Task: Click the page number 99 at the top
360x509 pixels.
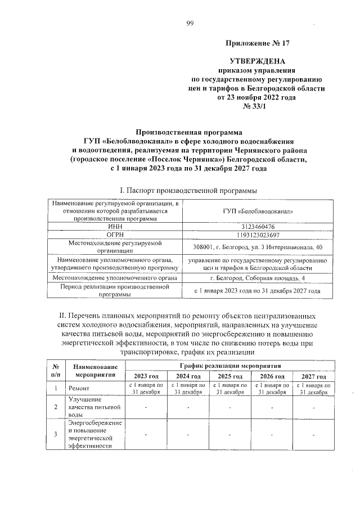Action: click(x=190, y=23)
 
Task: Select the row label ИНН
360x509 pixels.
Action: click(x=115, y=226)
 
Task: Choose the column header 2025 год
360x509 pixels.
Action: click(x=229, y=376)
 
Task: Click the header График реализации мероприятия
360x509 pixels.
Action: click(x=229, y=365)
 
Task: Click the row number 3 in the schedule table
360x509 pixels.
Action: click(x=55, y=434)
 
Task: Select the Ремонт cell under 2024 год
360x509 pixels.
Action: click(x=188, y=389)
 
